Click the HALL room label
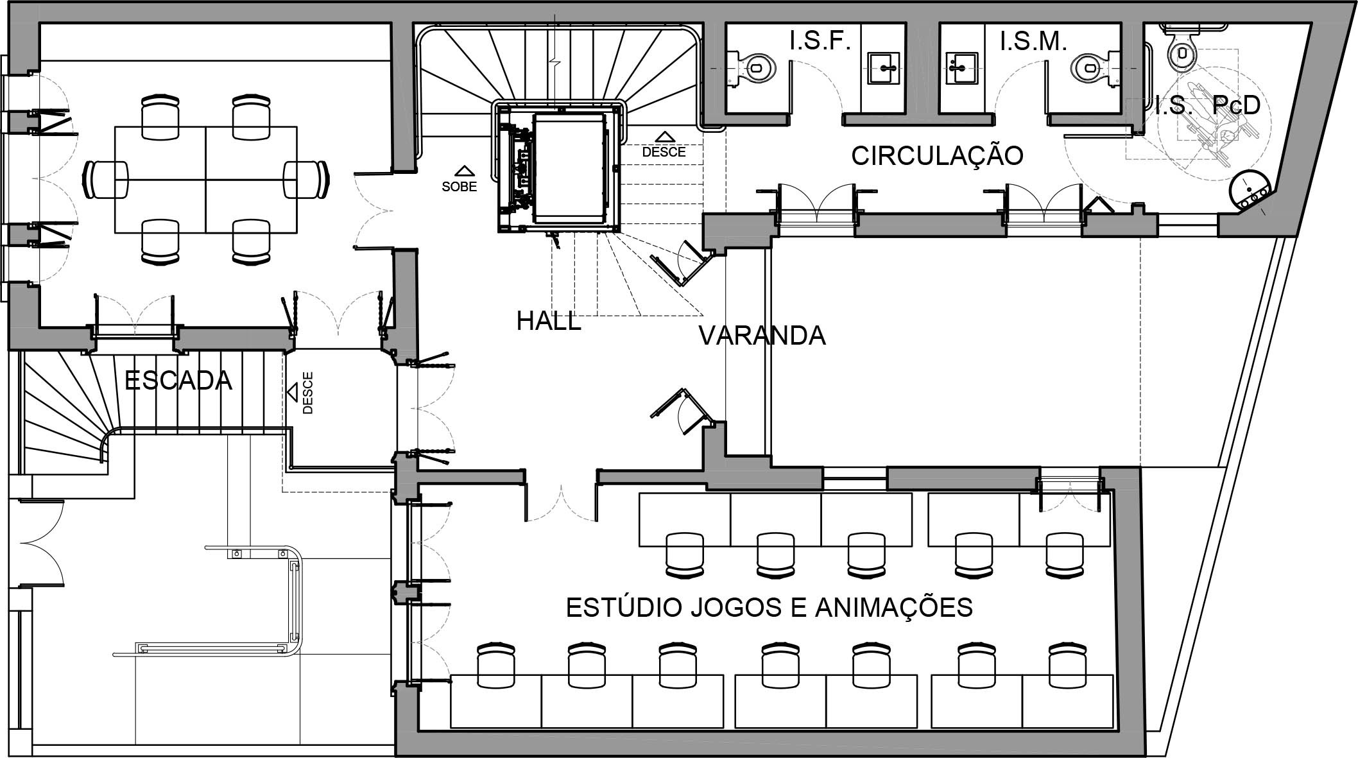[549, 321]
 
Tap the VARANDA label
[762, 336]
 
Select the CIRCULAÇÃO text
[937, 156]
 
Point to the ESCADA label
[178, 381]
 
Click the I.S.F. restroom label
[820, 42]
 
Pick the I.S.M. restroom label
[1033, 42]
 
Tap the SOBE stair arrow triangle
[464, 171]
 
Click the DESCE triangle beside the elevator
[664, 136]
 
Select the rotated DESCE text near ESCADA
[307, 393]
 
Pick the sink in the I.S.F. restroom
[888, 68]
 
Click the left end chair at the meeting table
[106, 179]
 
